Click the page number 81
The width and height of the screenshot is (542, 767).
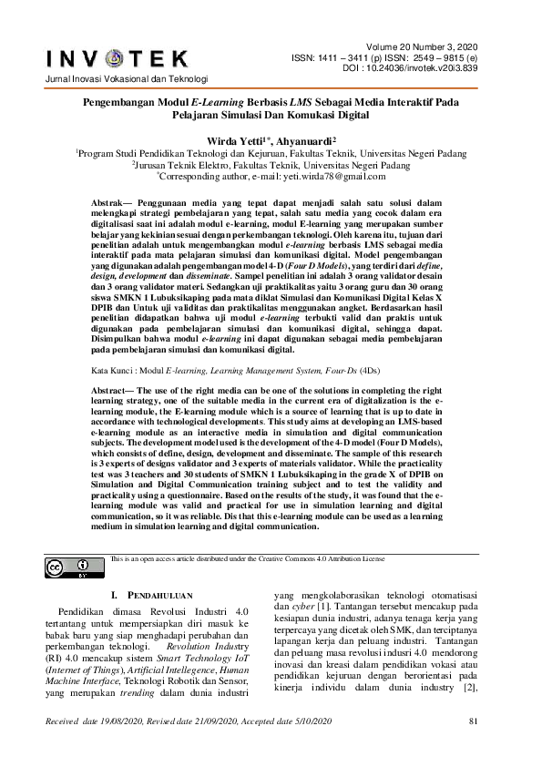pyautogui.click(x=472, y=748)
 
